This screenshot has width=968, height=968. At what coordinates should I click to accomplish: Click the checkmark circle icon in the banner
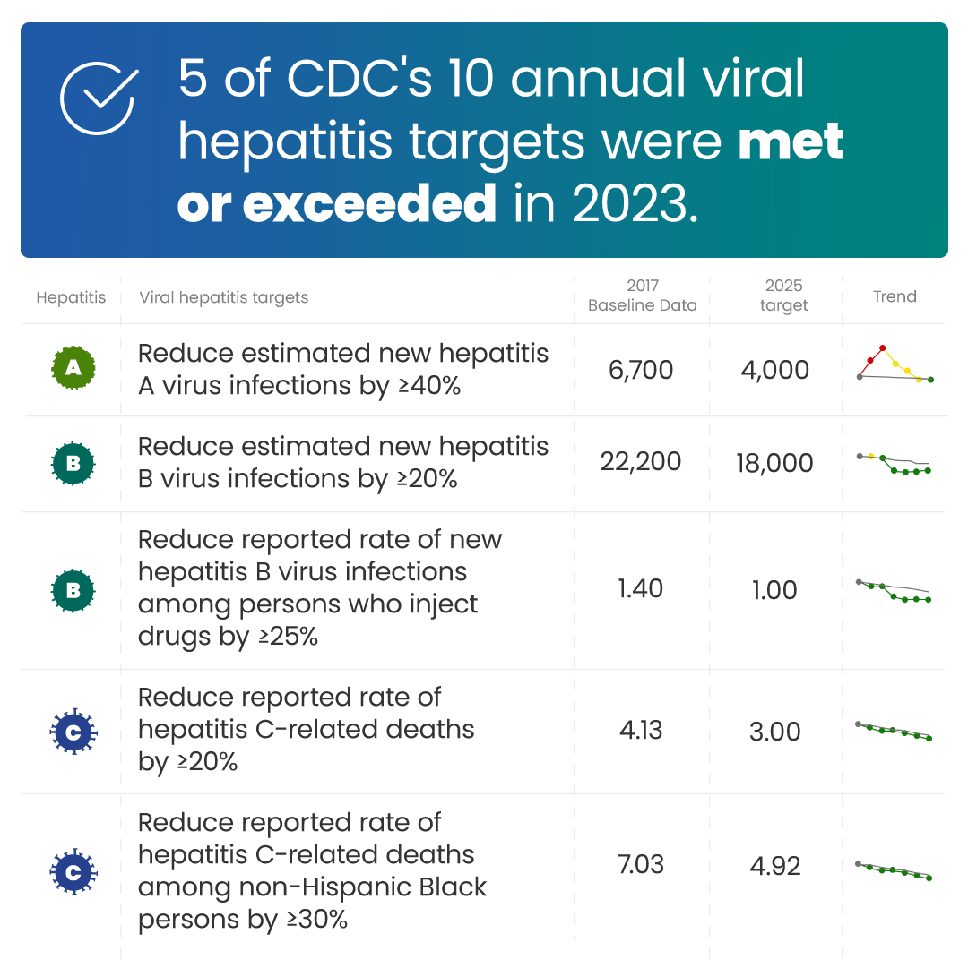[98, 99]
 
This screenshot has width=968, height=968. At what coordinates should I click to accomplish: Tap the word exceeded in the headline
[368, 204]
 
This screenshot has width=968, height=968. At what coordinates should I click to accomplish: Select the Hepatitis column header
[71, 297]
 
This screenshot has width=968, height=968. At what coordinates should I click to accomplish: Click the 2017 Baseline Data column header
[642, 296]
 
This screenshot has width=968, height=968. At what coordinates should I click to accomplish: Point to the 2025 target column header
[783, 296]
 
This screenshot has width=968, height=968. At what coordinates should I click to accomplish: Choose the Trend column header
[895, 296]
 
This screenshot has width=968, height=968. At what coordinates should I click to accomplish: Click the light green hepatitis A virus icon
[73, 368]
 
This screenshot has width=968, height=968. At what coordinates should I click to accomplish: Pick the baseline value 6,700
[641, 370]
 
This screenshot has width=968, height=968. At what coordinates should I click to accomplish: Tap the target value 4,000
[775, 370]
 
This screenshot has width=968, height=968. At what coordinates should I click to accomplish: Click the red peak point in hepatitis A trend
[883, 347]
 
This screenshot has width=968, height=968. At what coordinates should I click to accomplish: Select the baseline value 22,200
[640, 462]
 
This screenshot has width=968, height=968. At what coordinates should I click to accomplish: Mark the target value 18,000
[774, 463]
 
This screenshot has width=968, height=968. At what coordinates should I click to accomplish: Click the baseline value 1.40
[641, 589]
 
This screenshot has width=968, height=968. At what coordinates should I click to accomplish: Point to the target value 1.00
[774, 590]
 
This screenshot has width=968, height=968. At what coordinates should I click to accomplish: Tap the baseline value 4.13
[641, 730]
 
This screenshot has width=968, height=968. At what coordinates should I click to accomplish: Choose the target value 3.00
[774, 731]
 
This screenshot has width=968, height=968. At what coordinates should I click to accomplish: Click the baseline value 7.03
[641, 865]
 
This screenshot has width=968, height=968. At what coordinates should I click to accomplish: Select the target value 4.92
[774, 866]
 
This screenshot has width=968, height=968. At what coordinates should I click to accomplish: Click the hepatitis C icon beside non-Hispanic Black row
[73, 869]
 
